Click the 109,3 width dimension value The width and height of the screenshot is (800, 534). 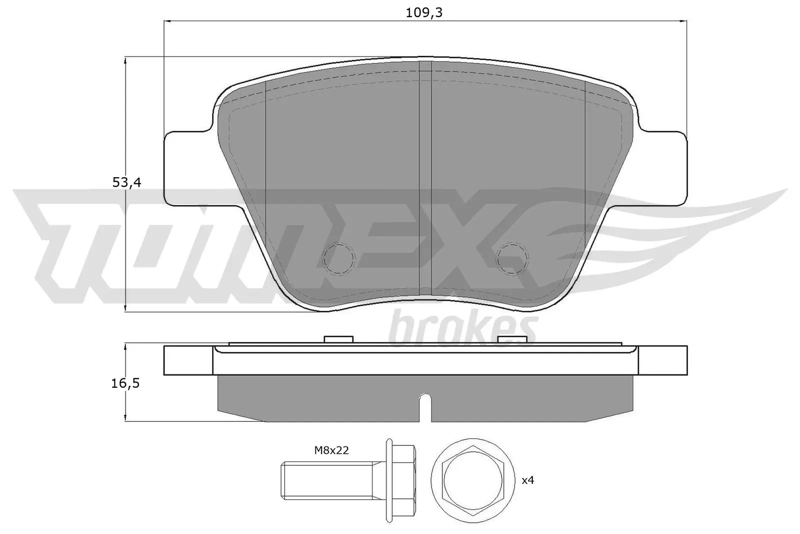tap(424, 13)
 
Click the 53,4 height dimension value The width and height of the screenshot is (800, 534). tap(126, 183)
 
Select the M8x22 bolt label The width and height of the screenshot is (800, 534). tap(331, 450)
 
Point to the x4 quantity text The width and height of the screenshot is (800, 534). tap(527, 480)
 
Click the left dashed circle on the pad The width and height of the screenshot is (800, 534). tap(338, 258)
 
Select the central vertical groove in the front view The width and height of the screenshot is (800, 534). tap(424, 175)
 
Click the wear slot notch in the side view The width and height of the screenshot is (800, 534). tap(424, 403)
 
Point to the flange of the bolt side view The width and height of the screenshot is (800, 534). tap(389, 479)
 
